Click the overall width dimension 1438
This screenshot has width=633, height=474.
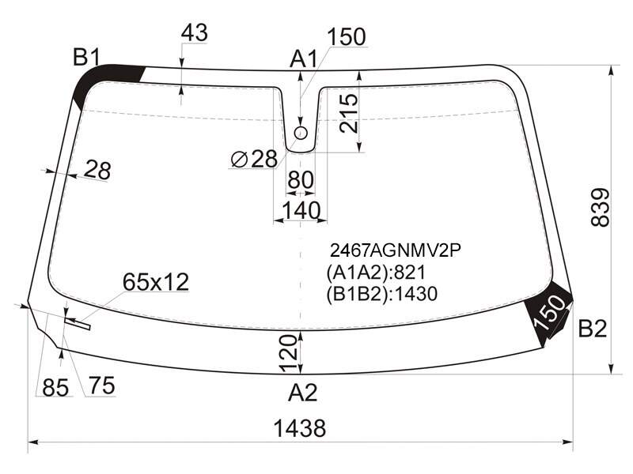click(300, 428)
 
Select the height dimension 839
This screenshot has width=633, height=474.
click(600, 207)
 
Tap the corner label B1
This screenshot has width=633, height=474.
click(86, 57)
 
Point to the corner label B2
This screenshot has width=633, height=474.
click(593, 328)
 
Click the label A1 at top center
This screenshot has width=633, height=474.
click(304, 59)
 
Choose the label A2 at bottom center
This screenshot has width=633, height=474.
click(303, 392)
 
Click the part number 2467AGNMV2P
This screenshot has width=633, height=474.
click(396, 250)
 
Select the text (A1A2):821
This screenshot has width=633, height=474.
click(377, 273)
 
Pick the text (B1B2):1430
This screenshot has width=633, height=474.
click(382, 294)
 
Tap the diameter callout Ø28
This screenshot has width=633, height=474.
click(254, 159)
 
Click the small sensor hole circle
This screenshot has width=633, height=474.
click(301, 133)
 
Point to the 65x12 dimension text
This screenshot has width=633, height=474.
click(156, 282)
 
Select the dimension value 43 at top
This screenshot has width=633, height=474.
click(194, 32)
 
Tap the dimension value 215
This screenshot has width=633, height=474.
click(348, 113)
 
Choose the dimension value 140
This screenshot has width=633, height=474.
click(301, 210)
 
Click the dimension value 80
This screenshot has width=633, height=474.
click(301, 179)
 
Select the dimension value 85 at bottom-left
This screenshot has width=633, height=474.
click(55, 388)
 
